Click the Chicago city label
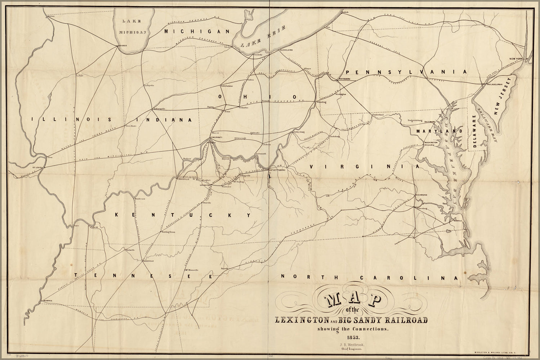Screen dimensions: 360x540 pos(123,46)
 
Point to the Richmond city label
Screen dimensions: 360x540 pos(421,195)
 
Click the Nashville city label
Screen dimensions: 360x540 pos(148,261)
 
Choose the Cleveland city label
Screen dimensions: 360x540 pos(286,50)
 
